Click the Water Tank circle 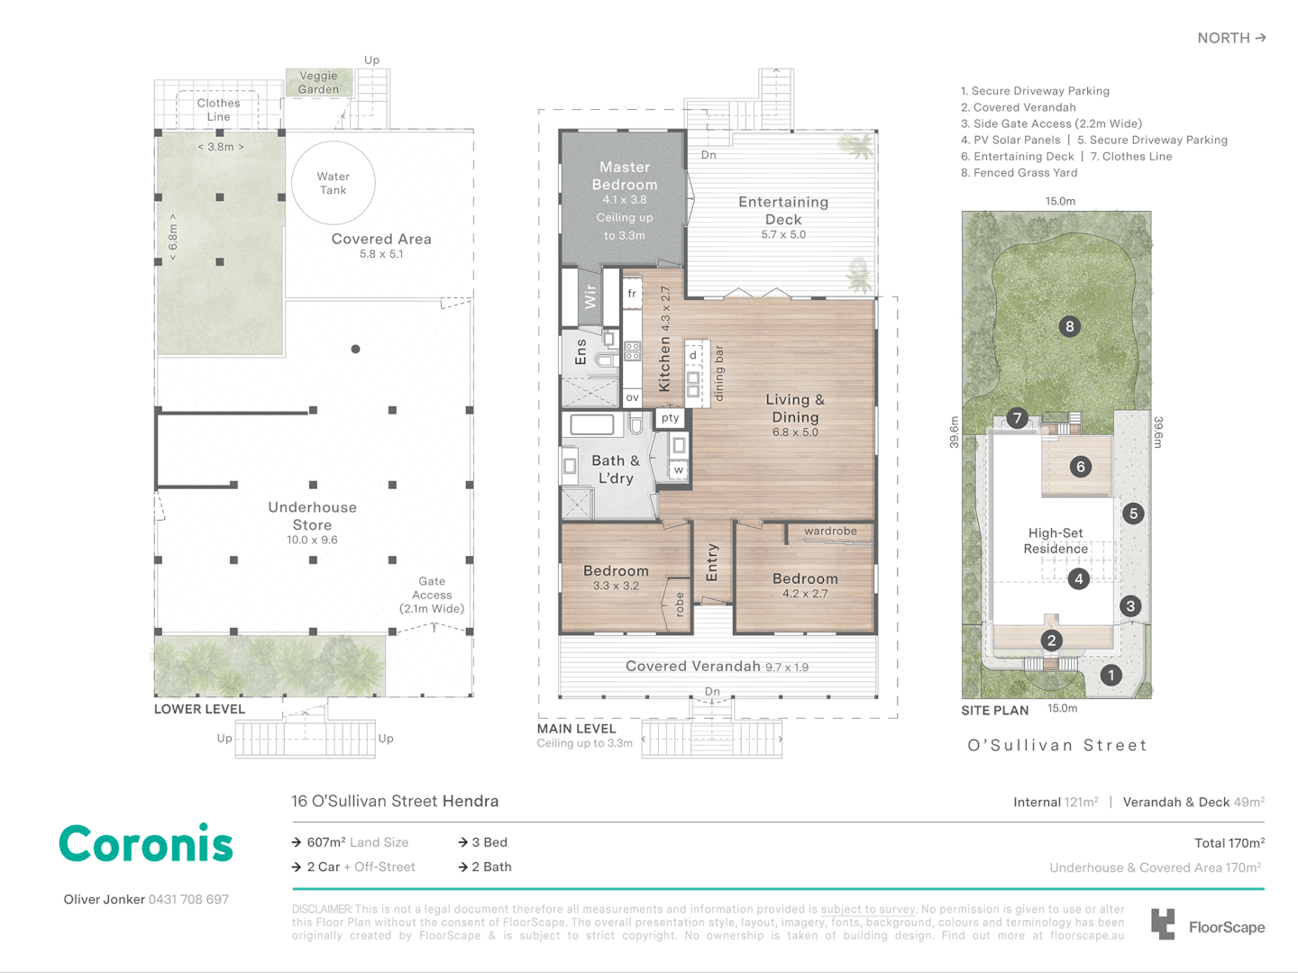point(333,141)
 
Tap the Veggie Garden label point(318,82)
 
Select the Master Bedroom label point(625,176)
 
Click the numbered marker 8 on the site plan point(1069,326)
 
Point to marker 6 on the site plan point(1081,467)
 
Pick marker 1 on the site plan point(1111,675)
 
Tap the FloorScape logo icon point(1162,924)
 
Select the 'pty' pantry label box point(670,418)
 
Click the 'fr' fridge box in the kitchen point(632,294)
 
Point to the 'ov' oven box point(632,397)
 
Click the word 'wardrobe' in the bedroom point(830,531)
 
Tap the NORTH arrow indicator point(1232,38)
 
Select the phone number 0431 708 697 point(188,899)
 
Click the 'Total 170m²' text point(1229,842)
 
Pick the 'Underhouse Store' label point(312,515)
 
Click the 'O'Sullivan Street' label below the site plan point(1056,745)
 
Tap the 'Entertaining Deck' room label point(783,210)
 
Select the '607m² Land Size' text point(357,841)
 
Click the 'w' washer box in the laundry point(678,469)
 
